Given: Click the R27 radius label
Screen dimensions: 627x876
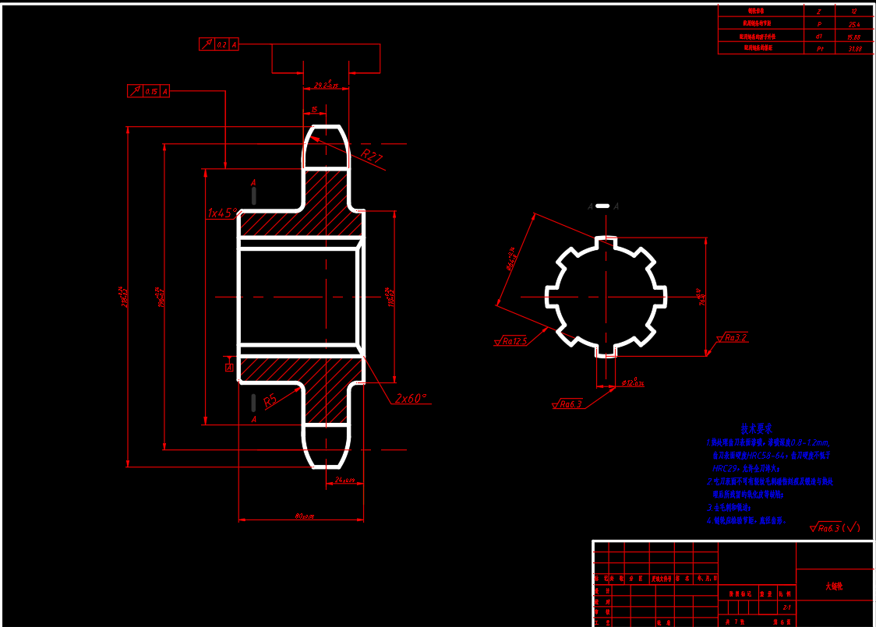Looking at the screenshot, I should [372, 157].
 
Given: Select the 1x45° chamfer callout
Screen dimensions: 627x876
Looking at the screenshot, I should [222, 213].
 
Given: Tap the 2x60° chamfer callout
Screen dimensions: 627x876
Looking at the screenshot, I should [411, 398].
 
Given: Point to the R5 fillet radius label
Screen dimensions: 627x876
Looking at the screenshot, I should [270, 402].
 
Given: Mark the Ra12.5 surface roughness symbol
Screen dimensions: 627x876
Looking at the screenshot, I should [511, 341].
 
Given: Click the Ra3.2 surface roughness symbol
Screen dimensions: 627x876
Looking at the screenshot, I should [733, 338].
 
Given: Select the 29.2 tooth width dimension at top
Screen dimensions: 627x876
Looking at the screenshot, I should [326, 84].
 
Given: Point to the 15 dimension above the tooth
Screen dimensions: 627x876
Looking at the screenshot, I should [313, 110].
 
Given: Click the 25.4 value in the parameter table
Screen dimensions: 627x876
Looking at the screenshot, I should [853, 24].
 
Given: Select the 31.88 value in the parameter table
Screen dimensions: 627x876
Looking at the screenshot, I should [853, 48].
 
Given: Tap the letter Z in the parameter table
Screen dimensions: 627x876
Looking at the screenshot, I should [818, 12].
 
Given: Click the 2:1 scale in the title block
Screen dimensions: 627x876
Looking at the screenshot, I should [786, 606].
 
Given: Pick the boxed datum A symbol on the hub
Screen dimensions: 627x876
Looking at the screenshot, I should [230, 366].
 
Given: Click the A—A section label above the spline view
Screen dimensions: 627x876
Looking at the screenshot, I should [602, 206].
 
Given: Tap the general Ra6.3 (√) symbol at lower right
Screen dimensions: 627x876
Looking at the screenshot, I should [835, 528].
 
